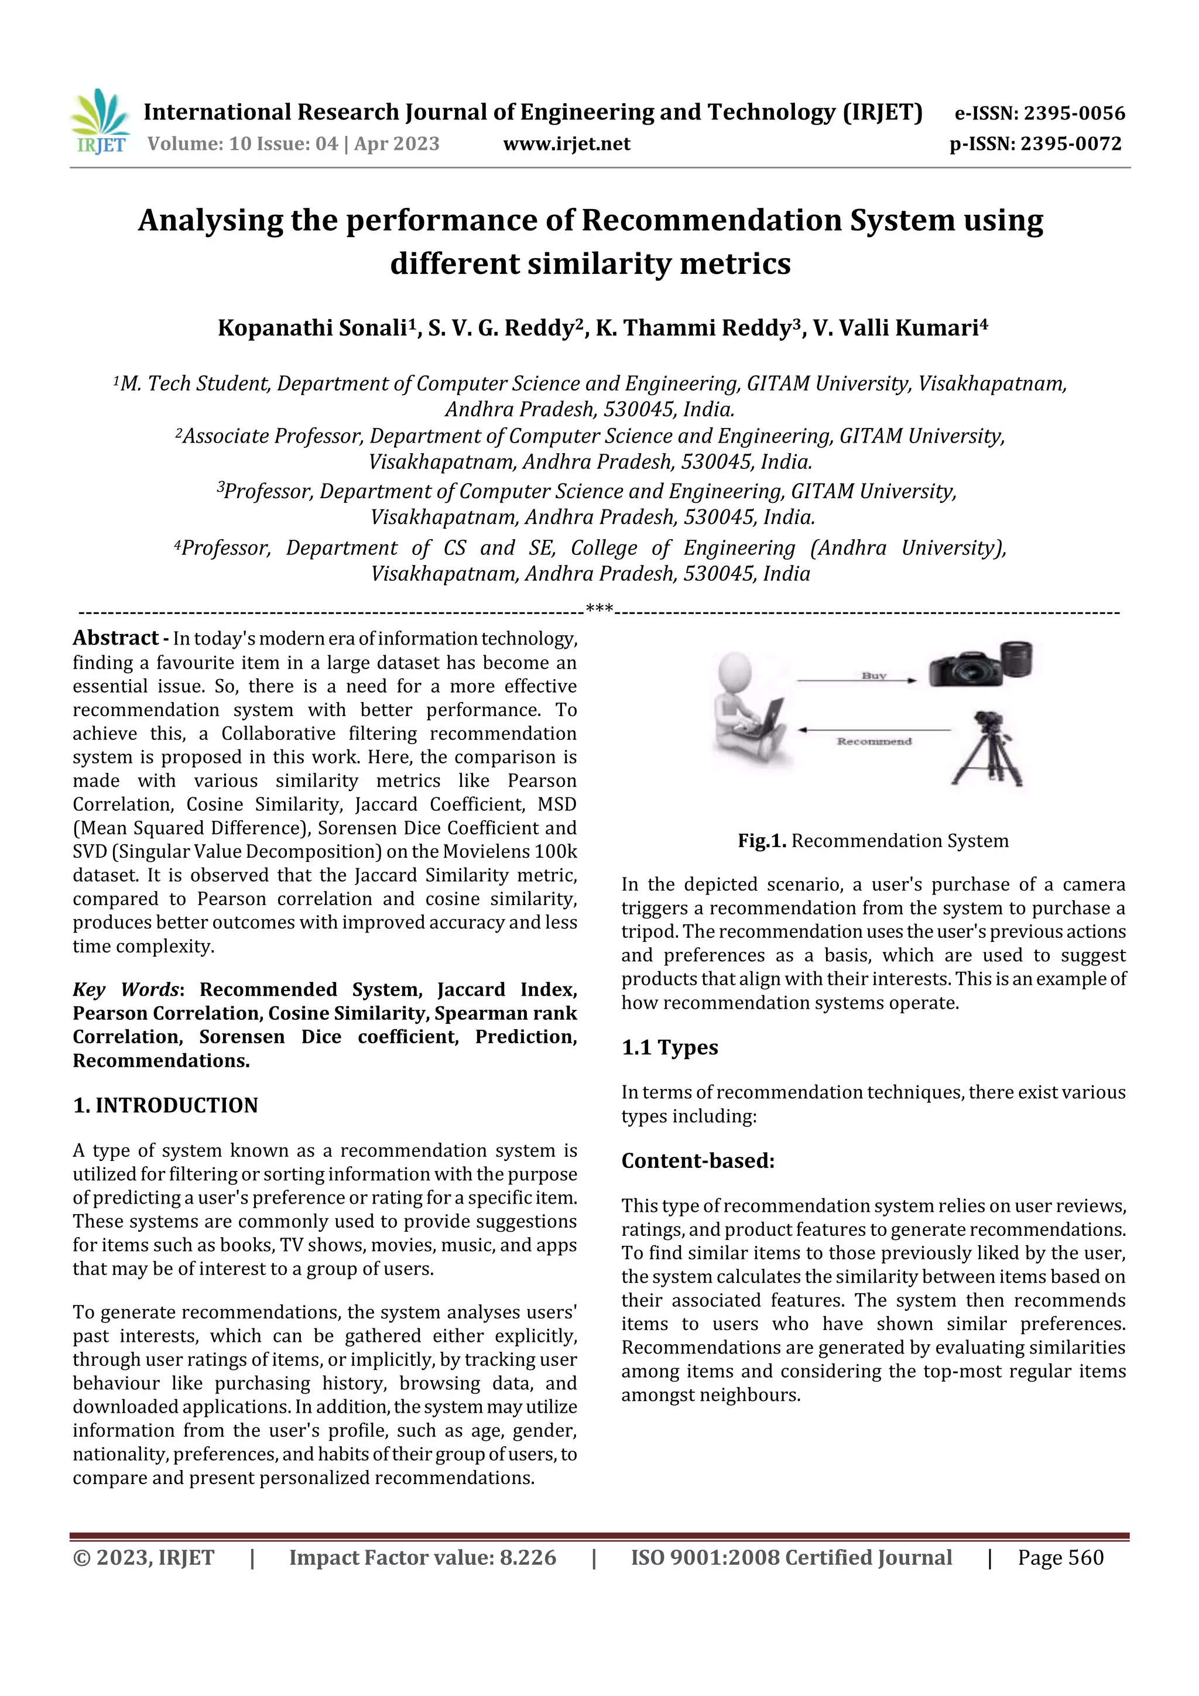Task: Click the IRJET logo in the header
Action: click(100, 121)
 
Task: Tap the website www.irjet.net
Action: click(567, 143)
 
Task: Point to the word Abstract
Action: click(115, 638)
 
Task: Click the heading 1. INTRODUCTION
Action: click(166, 1105)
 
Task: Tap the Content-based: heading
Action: click(697, 1160)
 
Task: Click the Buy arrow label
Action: click(873, 675)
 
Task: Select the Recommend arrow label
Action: click(874, 741)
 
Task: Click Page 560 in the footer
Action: click(1060, 1557)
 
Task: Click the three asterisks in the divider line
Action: click(598, 609)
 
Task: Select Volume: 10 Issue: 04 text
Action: click(242, 143)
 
